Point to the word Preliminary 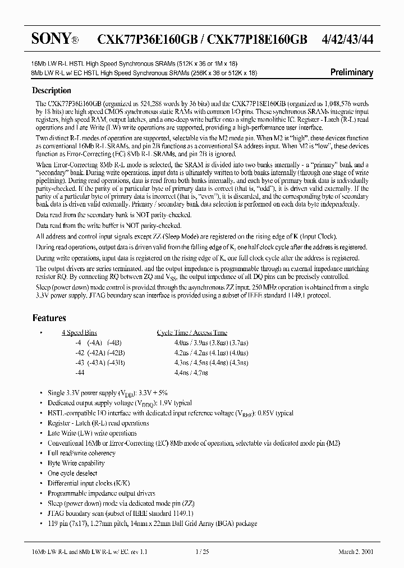click(x=351, y=72)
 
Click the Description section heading click(x=52, y=90)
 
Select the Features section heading click(x=49, y=318)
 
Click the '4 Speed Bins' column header click(x=79, y=333)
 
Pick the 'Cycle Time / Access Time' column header click(x=192, y=333)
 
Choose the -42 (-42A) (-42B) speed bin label click(x=92, y=352)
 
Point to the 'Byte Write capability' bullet click(x=76, y=463)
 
